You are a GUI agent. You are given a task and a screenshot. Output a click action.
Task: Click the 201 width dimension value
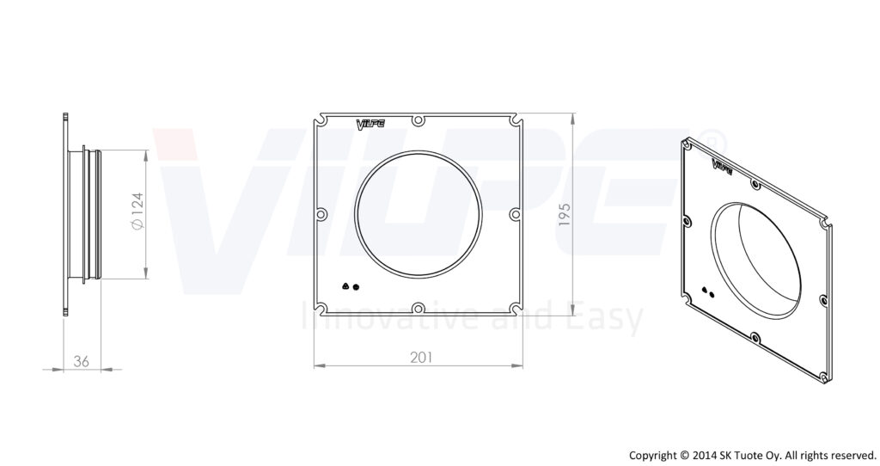point(421,358)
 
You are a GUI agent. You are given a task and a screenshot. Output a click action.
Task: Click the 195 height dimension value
point(565,214)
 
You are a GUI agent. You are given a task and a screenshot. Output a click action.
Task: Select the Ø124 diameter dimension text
point(137,212)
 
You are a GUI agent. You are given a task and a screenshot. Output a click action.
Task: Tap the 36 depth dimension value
point(82,362)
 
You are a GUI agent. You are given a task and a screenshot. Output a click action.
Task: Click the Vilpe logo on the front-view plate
point(370,124)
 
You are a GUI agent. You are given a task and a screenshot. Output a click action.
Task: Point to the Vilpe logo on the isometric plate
point(722,166)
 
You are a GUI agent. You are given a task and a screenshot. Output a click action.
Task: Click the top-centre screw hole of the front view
point(419,120)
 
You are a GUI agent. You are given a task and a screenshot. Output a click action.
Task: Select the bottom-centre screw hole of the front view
point(419,308)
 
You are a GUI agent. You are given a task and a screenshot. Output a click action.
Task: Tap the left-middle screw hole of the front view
point(321,214)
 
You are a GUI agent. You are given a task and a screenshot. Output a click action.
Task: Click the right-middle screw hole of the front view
point(516,214)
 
